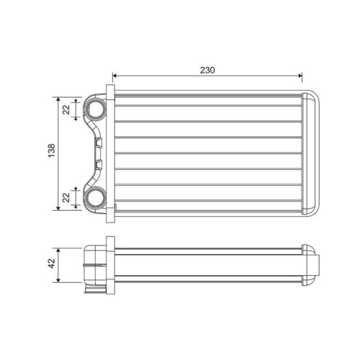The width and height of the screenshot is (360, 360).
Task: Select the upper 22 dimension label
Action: (66, 109)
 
